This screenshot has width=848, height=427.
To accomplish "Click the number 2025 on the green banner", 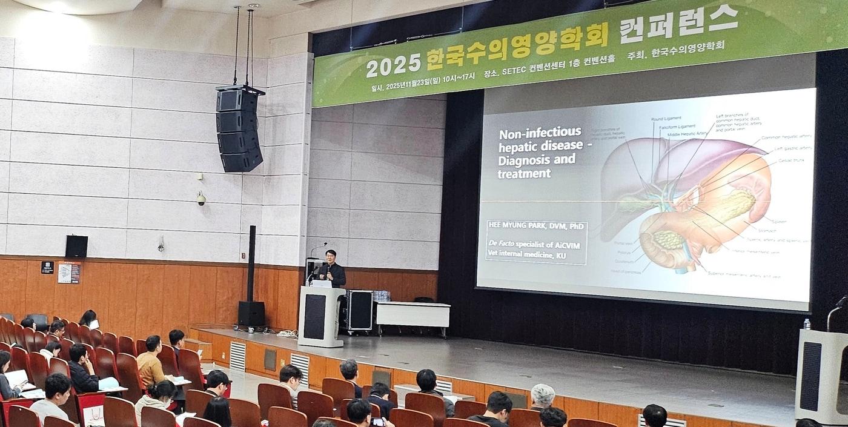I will click(x=393, y=64).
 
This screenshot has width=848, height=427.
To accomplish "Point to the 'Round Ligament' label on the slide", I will click(x=666, y=119).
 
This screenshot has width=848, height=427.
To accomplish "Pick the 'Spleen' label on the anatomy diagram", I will click(x=778, y=222).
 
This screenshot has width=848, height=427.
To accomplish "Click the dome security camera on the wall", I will click(x=200, y=198).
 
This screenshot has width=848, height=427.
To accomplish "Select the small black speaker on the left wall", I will click(x=76, y=246).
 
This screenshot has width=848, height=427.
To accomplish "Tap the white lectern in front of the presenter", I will click(x=320, y=316).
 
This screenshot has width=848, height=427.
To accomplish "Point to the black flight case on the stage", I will click(x=357, y=310).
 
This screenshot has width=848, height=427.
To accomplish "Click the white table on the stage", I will click(x=413, y=314).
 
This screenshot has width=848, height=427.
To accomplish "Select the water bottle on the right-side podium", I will click(x=806, y=324).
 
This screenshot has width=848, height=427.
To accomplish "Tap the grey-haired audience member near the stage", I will click(x=542, y=397).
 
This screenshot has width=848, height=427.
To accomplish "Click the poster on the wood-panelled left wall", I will click(x=68, y=273).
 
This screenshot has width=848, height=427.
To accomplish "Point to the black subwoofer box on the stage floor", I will click(x=251, y=314).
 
